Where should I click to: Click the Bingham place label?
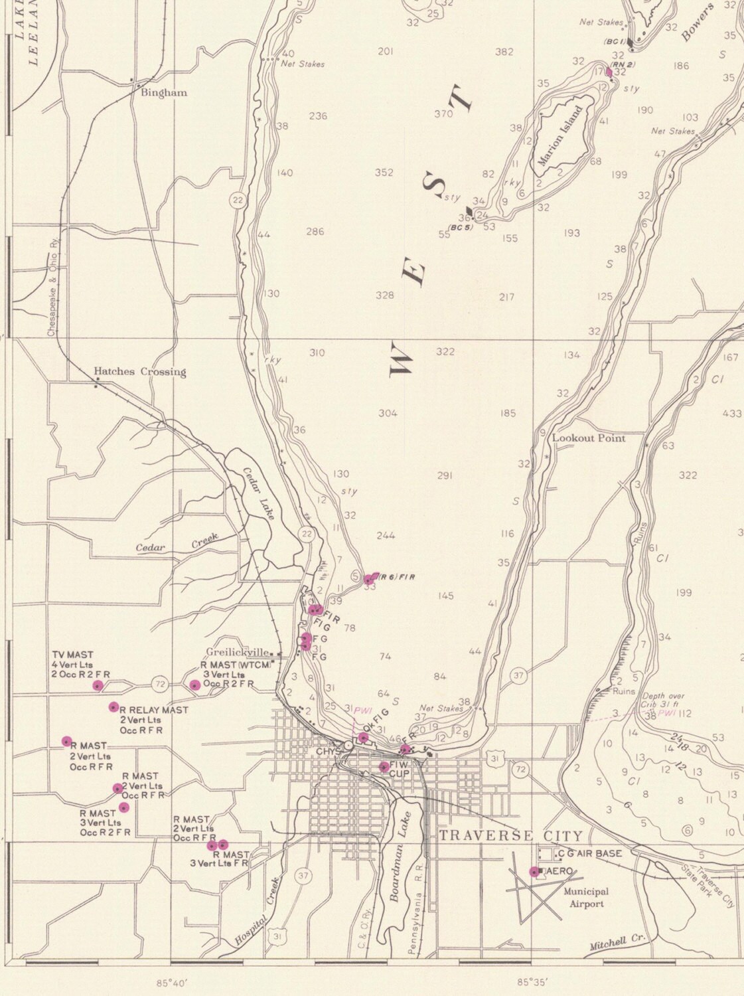click(x=163, y=93)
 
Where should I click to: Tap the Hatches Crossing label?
click(x=139, y=371)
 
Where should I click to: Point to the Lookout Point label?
click(x=589, y=438)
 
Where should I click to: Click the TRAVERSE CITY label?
click(x=510, y=835)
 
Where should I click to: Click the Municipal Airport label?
click(x=587, y=898)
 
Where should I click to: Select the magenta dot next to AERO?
click(x=534, y=872)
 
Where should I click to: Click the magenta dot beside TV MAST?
click(x=98, y=686)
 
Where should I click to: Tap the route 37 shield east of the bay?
click(x=518, y=676)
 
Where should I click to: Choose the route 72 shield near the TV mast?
click(x=159, y=683)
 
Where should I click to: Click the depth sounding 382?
click(x=504, y=52)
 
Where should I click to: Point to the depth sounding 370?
click(x=443, y=114)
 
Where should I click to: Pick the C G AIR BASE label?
click(x=589, y=853)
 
